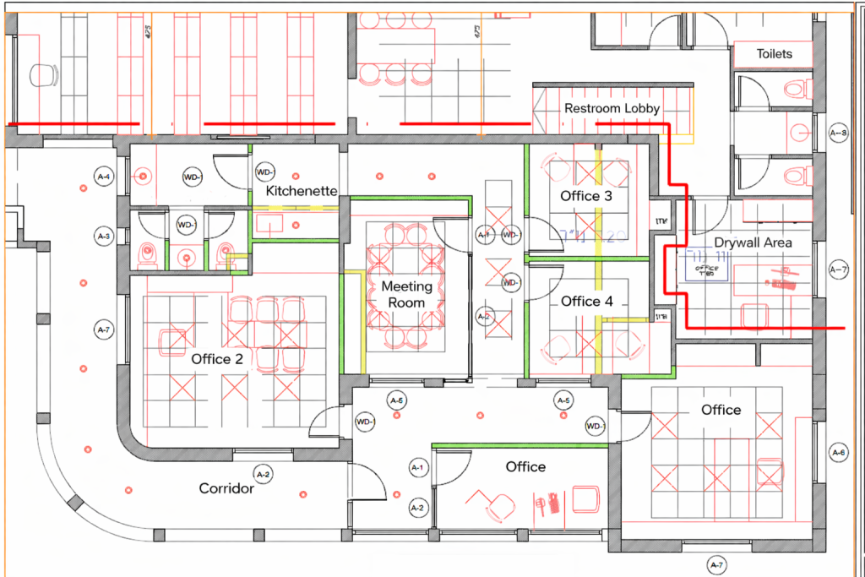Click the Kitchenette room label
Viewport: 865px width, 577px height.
302,192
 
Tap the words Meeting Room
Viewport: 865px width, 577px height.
406,294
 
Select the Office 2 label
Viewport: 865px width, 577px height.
216,359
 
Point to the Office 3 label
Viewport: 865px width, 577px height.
586,196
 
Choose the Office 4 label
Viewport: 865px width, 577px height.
586,301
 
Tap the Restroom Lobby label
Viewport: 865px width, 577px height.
612,108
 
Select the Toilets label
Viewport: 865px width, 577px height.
774,54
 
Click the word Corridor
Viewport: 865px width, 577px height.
226,488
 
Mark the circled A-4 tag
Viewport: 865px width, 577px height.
104,177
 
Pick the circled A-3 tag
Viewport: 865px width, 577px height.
104,235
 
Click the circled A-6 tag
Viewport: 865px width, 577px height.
838,452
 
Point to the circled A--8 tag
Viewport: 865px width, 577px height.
838,133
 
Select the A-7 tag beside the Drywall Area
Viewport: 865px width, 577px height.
838,269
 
